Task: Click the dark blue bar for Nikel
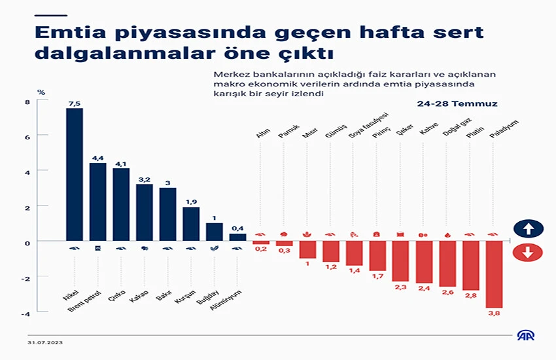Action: [75, 174]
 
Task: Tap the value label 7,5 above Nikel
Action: [75, 103]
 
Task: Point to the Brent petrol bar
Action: [98, 202]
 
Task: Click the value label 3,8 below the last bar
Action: [495, 314]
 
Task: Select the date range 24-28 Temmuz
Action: [458, 104]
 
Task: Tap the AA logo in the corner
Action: [525, 336]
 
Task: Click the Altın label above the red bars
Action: [263, 134]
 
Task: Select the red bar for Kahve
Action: [424, 262]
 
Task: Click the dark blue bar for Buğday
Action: [215, 232]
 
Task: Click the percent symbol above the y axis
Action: [41, 92]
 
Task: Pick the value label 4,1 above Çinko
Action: [121, 163]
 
